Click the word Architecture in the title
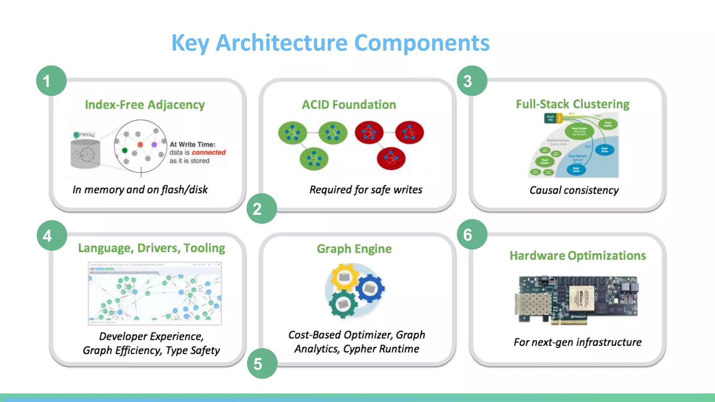point(281,43)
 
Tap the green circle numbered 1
point(51,81)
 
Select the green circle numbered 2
point(262,209)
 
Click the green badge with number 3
point(472,81)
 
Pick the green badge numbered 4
point(52,236)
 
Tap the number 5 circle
point(262,364)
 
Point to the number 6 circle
point(472,234)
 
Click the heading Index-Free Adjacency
point(145,105)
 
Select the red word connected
point(208,152)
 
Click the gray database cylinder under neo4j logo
point(85,154)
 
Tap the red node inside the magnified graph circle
point(140,144)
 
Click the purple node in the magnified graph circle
point(154,144)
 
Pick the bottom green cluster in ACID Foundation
point(314,159)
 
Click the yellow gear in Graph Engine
point(344,277)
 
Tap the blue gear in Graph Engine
point(369,288)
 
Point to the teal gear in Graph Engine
point(343,304)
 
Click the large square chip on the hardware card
point(581,298)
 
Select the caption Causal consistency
point(574,190)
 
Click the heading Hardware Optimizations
point(578,256)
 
